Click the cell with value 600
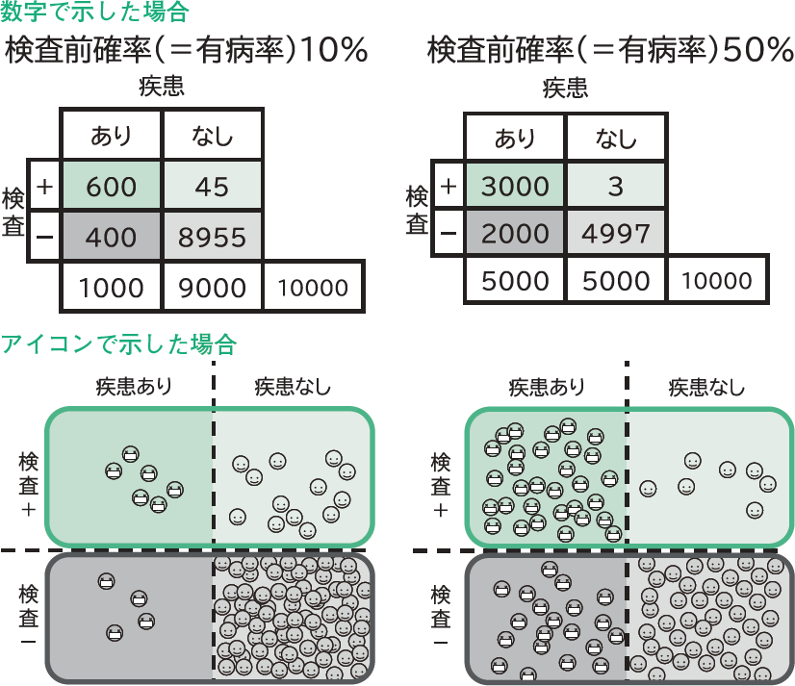[x=111, y=187]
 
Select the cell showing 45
[x=212, y=187]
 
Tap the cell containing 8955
[x=212, y=236]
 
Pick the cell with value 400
[x=111, y=236]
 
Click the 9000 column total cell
[x=212, y=287]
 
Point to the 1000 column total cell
[x=111, y=287]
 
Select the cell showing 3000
[x=515, y=186]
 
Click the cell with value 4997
[x=616, y=233]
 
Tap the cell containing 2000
[x=515, y=233]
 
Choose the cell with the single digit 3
[x=616, y=186]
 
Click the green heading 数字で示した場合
[x=95, y=13]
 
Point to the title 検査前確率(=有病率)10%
[x=188, y=50]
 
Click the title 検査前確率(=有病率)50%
[x=609, y=50]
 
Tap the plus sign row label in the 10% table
[x=44, y=186]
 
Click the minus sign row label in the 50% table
[x=448, y=233]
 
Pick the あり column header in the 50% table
[x=515, y=137]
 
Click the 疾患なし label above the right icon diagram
[x=706, y=388]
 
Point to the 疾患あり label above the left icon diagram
[x=134, y=388]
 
